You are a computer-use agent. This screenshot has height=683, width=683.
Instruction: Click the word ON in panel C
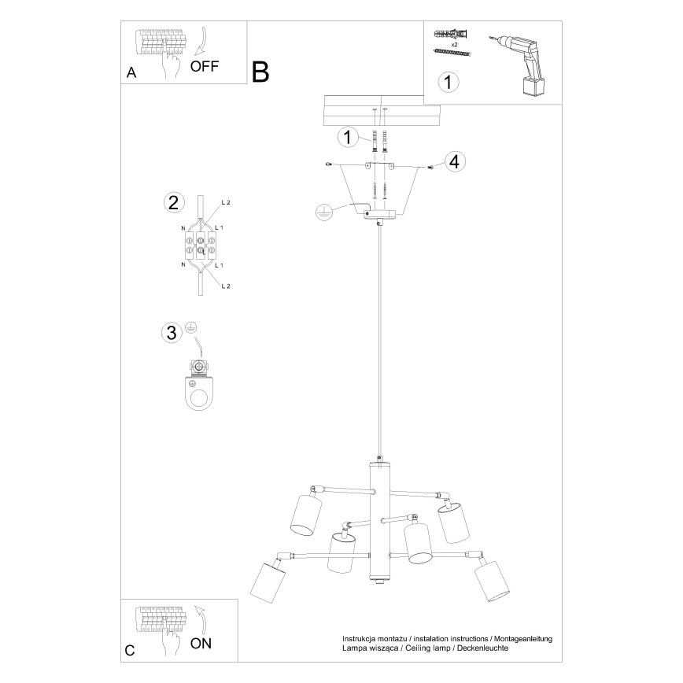[x=201, y=643]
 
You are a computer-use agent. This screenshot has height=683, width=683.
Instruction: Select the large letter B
[x=260, y=72]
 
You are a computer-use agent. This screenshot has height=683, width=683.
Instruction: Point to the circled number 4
[x=454, y=162]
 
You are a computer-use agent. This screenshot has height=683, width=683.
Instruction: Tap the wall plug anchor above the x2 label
[x=450, y=33]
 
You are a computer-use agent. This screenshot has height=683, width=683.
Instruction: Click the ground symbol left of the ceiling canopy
[x=321, y=211]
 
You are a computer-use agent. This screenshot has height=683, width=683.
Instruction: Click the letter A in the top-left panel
[x=131, y=72]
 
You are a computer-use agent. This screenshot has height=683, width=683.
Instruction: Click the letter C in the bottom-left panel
[x=130, y=650]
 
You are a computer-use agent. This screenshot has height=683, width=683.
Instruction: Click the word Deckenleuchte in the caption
[x=480, y=648]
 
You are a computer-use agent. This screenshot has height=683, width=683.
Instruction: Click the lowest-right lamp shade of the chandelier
[x=492, y=581]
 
